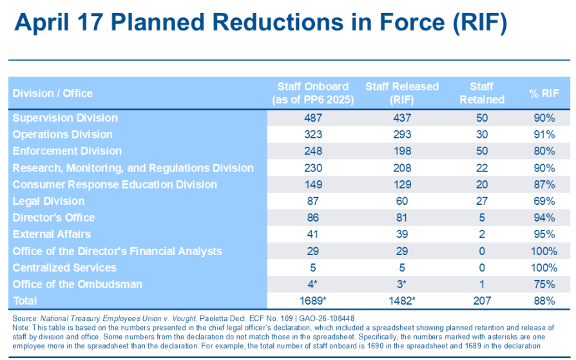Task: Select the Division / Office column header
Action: (x=52, y=93)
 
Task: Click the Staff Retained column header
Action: (x=481, y=93)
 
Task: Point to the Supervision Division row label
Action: (x=65, y=118)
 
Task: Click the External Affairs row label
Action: (x=52, y=234)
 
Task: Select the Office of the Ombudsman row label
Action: (x=77, y=284)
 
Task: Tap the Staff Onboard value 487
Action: (x=312, y=118)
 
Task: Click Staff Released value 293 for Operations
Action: (x=401, y=135)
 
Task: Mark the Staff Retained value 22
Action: (x=481, y=168)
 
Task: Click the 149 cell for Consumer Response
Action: (x=312, y=185)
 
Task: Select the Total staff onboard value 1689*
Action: (x=312, y=301)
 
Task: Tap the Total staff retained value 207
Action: (x=481, y=301)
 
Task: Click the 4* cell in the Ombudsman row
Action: (x=312, y=284)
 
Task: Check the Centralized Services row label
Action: (x=64, y=268)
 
